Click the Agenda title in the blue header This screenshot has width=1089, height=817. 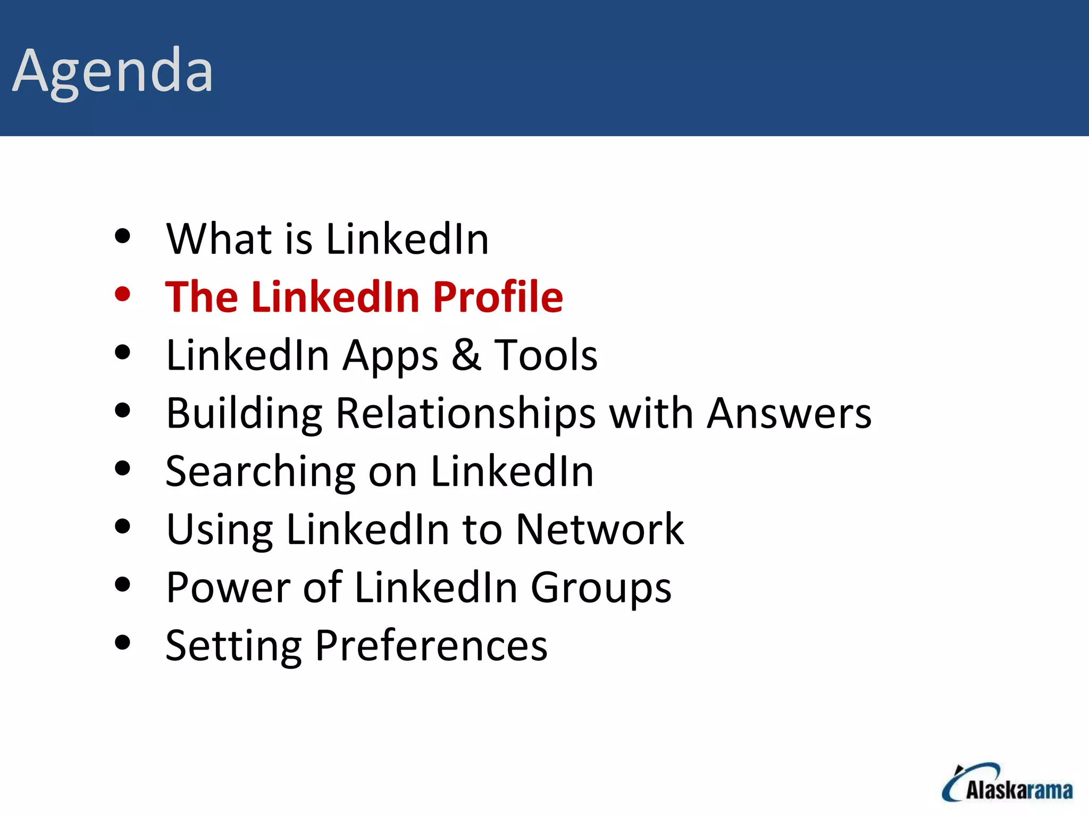click(x=113, y=71)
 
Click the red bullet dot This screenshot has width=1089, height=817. click(x=122, y=294)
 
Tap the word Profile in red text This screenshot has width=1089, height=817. click(x=498, y=297)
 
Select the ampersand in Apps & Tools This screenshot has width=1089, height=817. click(x=466, y=355)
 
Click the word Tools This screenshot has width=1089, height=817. click(x=546, y=355)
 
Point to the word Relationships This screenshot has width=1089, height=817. click(x=466, y=414)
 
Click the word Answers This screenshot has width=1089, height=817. click(x=789, y=413)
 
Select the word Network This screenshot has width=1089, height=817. click(x=600, y=529)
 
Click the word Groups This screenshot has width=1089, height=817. click(x=601, y=588)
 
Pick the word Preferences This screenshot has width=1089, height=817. click(x=431, y=646)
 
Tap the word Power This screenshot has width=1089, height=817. click(x=228, y=587)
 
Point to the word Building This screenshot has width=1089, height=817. click(x=244, y=414)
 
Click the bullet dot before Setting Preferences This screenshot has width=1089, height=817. click(x=122, y=643)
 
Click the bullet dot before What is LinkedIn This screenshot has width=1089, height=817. click(x=122, y=236)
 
